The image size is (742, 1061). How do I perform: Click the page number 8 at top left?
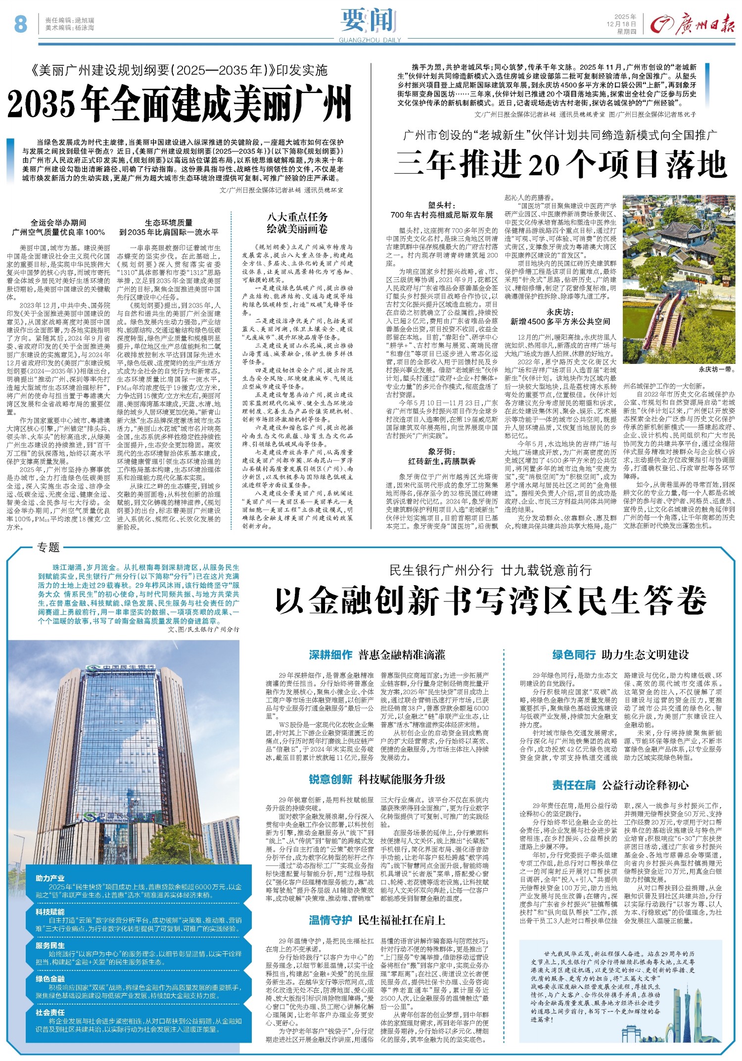coord(20,23)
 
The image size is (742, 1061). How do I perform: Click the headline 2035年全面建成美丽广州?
coord(179,103)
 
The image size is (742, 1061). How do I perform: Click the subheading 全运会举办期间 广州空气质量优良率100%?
coord(58,227)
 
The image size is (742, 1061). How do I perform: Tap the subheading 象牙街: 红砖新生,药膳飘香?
coord(441,456)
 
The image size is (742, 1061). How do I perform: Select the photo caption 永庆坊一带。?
coord(716,369)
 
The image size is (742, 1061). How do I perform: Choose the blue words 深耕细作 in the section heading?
coord(330,655)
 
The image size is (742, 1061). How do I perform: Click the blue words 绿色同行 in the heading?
coord(573,655)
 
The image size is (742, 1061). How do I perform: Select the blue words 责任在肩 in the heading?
coord(573,785)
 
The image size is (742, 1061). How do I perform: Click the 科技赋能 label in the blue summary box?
coord(50,911)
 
